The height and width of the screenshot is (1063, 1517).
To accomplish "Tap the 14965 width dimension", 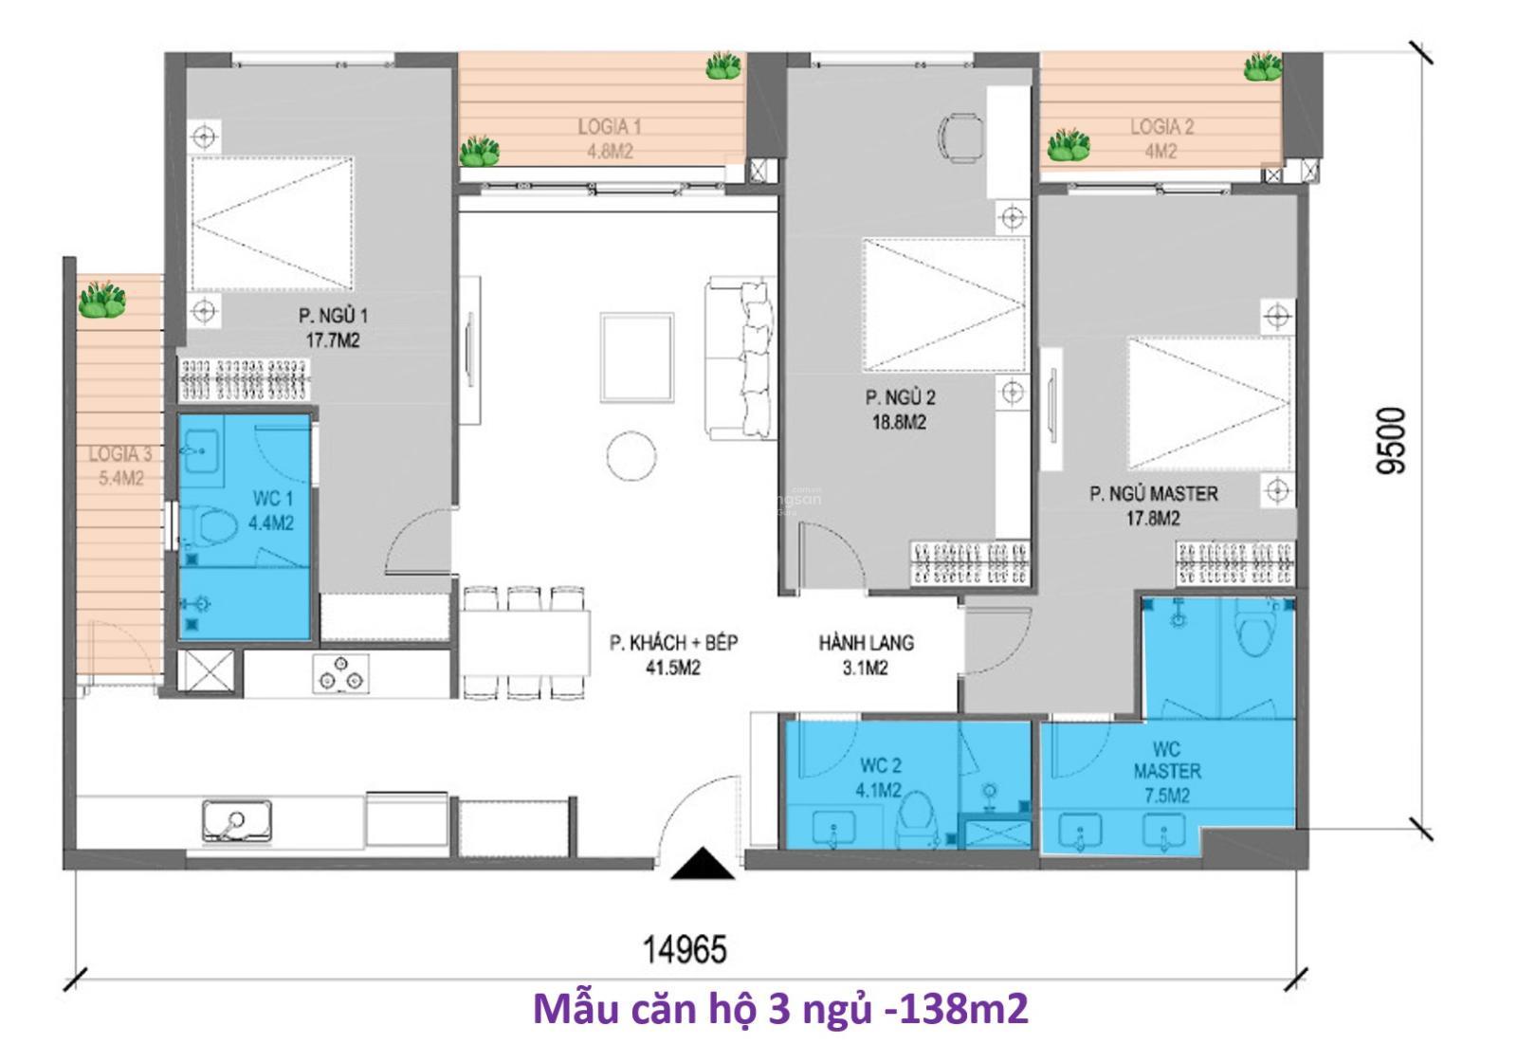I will pos(685,949).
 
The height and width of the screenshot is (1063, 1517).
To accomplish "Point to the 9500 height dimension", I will pos(1393,440).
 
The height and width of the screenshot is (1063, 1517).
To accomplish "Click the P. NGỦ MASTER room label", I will pos(1153,494).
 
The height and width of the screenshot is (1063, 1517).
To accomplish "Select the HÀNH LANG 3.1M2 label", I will pos(866,655).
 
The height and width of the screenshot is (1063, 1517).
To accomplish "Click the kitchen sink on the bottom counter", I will pos(237,821).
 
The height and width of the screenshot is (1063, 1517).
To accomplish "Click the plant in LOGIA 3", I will pos(102,300).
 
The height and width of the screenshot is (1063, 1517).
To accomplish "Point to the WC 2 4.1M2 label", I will pos(880,778).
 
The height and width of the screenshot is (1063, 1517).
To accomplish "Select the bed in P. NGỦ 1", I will pos(272,224).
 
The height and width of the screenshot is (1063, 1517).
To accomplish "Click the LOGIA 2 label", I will pos(1161,127).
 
